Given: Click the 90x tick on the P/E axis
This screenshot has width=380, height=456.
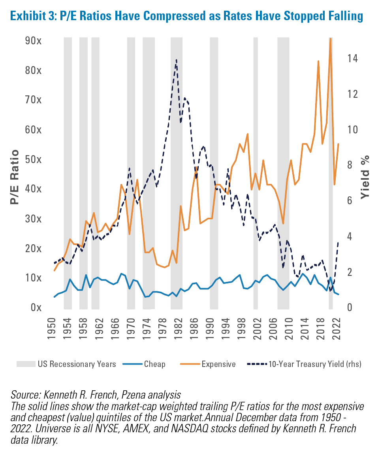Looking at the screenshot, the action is (34, 40).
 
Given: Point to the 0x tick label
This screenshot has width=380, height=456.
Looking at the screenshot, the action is (36, 307).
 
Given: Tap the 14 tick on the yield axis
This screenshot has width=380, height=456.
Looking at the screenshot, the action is (353, 58).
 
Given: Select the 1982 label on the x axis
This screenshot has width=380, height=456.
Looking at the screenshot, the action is (178, 328).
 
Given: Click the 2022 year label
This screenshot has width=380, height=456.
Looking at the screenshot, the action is (336, 328).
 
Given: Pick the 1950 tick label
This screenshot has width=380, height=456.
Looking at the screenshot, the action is (51, 328).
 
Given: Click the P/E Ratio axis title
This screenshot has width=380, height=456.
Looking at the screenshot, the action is (14, 177).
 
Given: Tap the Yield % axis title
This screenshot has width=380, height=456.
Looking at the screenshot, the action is (365, 177).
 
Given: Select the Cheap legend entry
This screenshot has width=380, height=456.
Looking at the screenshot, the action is (144, 364).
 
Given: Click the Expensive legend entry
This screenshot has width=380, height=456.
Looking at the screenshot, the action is (208, 364).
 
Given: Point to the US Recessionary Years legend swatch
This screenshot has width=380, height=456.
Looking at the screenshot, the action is (26, 364).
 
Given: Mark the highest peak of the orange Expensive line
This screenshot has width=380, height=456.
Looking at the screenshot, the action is (330, 38).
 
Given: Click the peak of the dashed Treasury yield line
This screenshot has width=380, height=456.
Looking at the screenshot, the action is (176, 60).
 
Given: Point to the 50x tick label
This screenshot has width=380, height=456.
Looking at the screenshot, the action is (34, 160).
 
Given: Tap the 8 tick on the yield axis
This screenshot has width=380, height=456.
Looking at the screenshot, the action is (350, 165).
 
